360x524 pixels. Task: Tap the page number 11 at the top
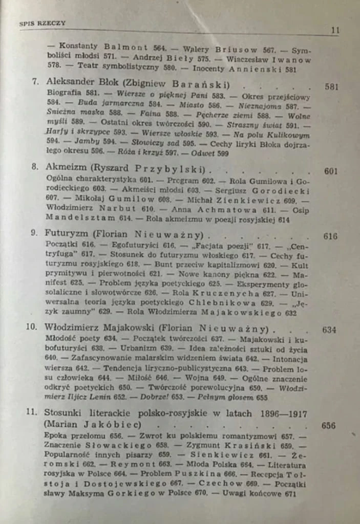(x=335, y=30)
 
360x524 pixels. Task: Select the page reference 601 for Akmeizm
(x=331, y=171)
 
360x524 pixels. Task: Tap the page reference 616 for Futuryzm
(x=331, y=236)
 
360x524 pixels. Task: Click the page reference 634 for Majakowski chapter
(x=329, y=330)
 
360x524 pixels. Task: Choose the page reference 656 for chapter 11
(x=329, y=426)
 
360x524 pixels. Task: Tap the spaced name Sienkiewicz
(x=223, y=453)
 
